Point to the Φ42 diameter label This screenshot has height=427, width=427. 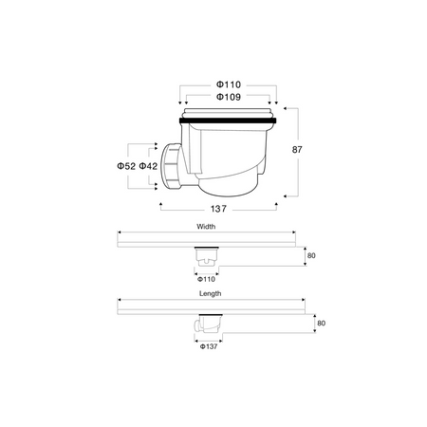click(x=149, y=167)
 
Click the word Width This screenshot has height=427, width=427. click(x=207, y=228)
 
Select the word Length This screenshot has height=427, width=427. click(x=210, y=294)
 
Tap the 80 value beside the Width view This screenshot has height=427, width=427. click(x=309, y=255)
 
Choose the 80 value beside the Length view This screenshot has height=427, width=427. click(x=321, y=324)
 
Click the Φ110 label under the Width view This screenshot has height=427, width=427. click(x=207, y=280)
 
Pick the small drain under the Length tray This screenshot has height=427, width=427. click(x=207, y=325)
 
